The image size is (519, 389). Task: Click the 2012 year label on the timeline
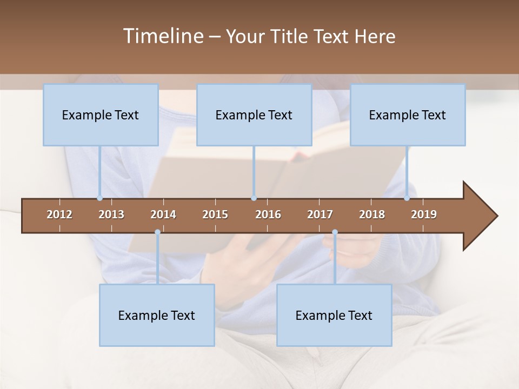click(59, 214)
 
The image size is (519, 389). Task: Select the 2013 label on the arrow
click(111, 214)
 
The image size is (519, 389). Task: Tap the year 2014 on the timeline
click(163, 214)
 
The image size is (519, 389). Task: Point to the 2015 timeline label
click(215, 214)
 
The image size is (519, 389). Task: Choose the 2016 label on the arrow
click(268, 214)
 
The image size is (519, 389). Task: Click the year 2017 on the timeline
click(320, 214)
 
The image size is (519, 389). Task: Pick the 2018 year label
click(372, 214)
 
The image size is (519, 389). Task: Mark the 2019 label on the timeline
click(424, 214)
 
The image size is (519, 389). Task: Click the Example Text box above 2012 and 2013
click(101, 115)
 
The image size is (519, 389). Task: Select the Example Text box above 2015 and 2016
click(254, 115)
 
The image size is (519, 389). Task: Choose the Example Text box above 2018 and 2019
click(408, 115)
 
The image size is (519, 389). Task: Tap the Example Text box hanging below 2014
click(157, 315)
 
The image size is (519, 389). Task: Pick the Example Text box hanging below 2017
click(334, 315)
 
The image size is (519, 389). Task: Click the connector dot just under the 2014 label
click(157, 232)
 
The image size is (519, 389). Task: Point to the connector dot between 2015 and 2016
click(254, 198)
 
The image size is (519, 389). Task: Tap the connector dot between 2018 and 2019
click(407, 198)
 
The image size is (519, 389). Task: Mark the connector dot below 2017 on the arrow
click(335, 232)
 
